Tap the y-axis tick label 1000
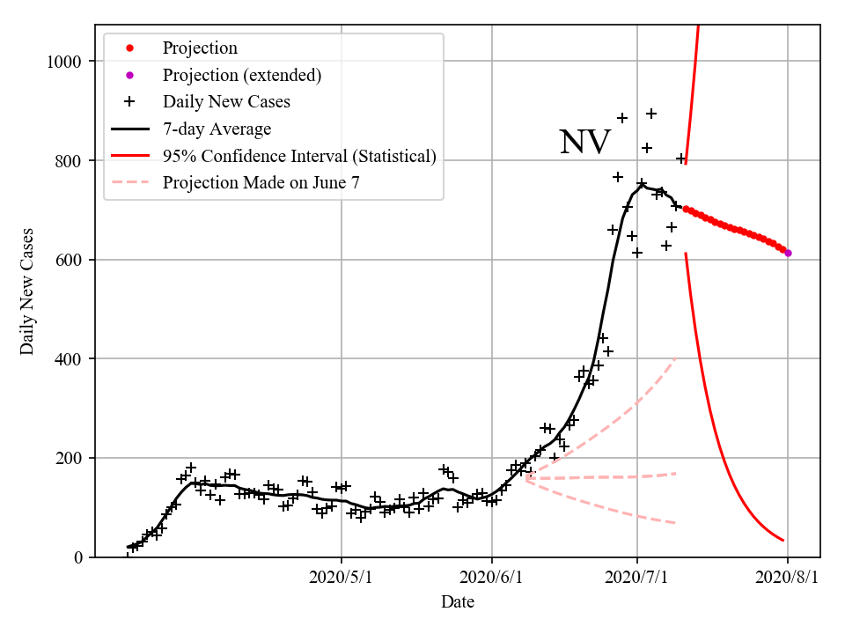65,62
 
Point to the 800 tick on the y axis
70,161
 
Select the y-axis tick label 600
70,260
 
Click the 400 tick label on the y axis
70,359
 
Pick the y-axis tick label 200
70,458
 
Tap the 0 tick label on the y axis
79,557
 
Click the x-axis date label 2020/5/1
342,578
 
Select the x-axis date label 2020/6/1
492,578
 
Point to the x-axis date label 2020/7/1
637,578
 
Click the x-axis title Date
458,602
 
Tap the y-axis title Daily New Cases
27,291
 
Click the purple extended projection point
788,253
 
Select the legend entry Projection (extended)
241,75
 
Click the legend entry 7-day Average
217,129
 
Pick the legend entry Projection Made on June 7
261,183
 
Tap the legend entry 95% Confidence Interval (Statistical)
299,157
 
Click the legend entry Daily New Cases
226,102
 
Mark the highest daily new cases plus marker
651,114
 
